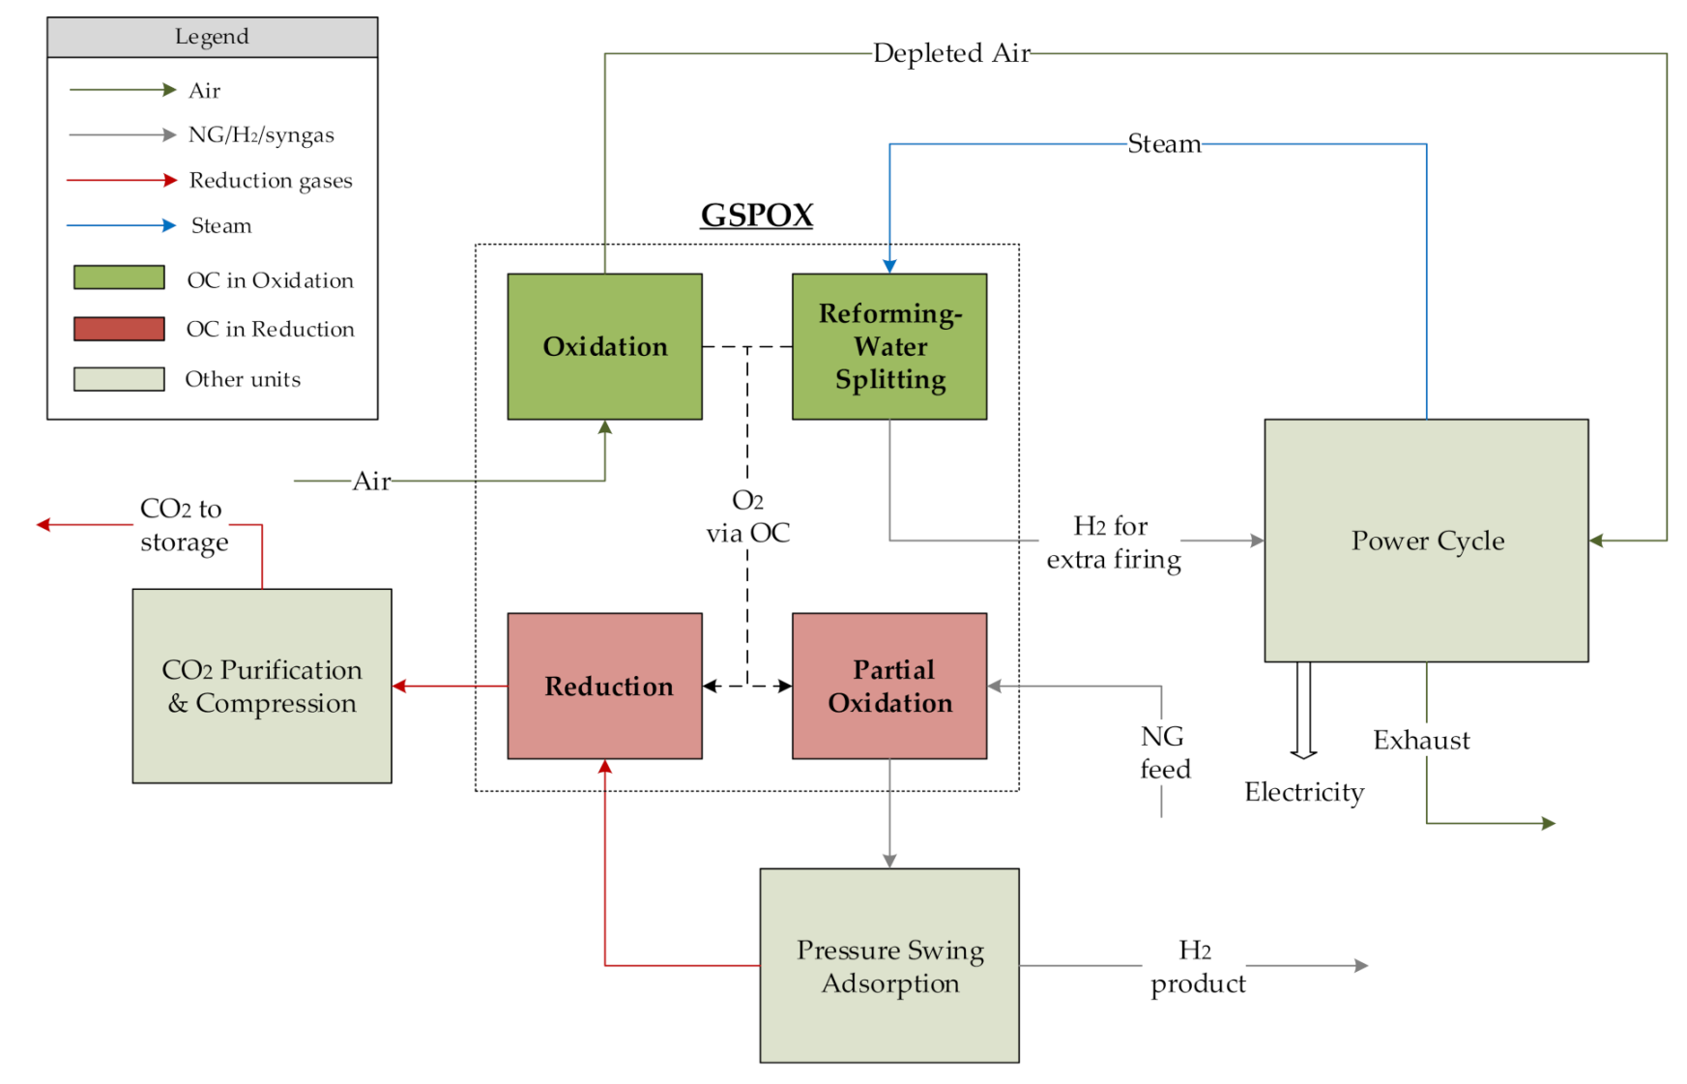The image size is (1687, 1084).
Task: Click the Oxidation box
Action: [604, 346]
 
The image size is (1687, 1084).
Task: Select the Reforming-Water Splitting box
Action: [889, 346]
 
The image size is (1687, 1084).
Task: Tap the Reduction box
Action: [604, 686]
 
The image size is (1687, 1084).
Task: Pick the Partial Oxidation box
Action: [889, 686]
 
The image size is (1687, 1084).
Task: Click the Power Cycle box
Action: [1426, 541]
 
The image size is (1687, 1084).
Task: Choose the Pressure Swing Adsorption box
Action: [889, 965]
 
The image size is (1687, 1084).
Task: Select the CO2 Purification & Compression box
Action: [262, 686]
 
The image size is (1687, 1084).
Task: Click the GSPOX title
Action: [757, 215]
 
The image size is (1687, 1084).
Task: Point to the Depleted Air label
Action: [951, 53]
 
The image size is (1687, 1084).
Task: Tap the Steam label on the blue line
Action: [1164, 144]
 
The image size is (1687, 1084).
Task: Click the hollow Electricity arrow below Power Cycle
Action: [1303, 711]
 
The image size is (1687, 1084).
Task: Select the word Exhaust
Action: [1421, 741]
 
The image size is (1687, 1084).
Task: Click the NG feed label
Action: [1164, 753]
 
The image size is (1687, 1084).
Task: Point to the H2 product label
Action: [1197, 966]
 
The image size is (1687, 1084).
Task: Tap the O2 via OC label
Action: [747, 516]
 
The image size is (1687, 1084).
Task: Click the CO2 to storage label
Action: [183, 525]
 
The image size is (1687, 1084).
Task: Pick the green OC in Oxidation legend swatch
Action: [119, 278]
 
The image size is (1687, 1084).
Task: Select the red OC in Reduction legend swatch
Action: [119, 328]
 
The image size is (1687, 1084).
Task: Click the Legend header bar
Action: [212, 37]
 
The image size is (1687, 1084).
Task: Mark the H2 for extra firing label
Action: [1113, 542]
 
